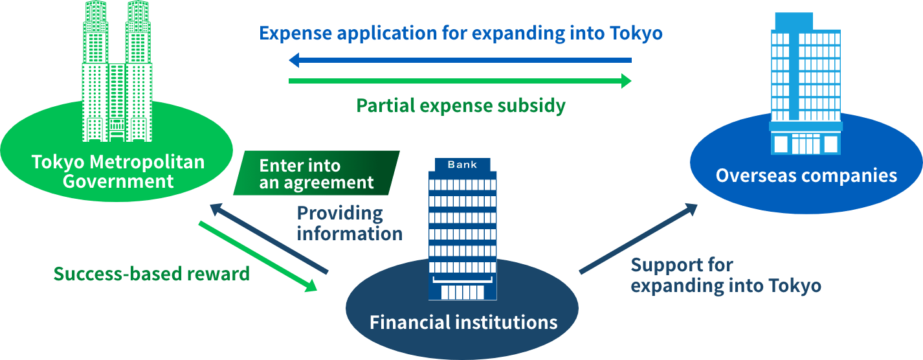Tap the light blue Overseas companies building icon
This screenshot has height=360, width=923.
(x=805, y=84)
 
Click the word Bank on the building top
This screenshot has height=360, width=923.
(x=462, y=165)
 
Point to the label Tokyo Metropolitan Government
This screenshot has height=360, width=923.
(x=118, y=171)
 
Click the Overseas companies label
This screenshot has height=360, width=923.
(x=806, y=175)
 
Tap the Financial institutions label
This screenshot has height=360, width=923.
(x=463, y=322)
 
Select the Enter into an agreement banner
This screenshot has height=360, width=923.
(x=317, y=174)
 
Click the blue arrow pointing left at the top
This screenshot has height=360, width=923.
(x=460, y=61)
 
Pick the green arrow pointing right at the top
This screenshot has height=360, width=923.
(x=460, y=81)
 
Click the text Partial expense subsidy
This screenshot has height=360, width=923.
(x=461, y=105)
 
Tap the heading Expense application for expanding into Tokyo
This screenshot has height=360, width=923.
(x=461, y=33)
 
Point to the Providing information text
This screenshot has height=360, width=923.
(x=350, y=223)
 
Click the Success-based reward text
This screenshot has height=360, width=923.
(x=151, y=274)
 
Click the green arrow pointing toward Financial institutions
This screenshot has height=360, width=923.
(x=258, y=256)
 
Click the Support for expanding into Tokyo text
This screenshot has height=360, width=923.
(x=726, y=275)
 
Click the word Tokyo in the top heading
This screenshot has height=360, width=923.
(x=636, y=33)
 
